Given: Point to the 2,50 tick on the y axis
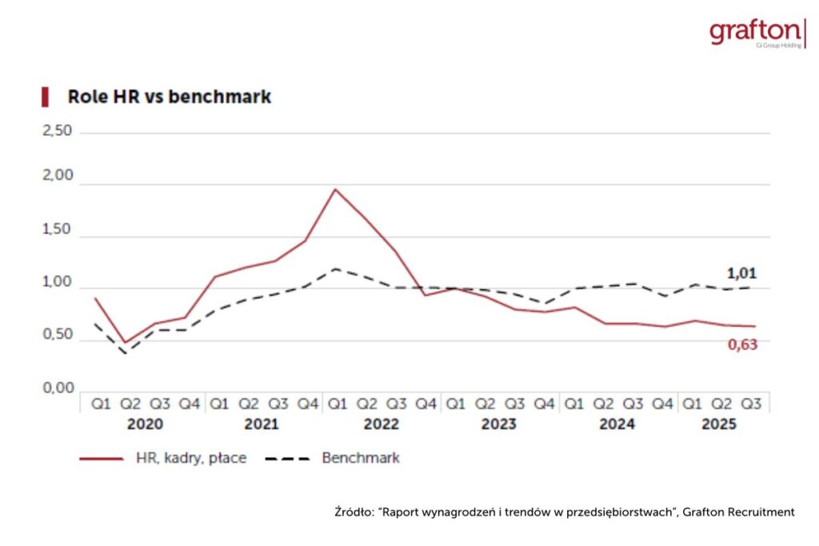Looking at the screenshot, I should point(57,131).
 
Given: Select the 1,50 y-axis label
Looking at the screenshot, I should point(57,230).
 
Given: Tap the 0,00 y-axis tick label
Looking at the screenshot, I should point(57,389).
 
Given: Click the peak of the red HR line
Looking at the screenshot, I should point(335,189).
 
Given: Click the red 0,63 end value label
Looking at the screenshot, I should point(742,345).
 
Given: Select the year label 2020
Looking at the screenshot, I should point(145,424).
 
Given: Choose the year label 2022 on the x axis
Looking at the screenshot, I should point(381,424).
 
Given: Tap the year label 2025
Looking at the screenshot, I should point(719,424).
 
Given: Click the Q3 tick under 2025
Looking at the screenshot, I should point(751,405).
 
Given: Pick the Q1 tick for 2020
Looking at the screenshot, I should point(101,405).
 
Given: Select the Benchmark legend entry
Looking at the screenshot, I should point(360,458).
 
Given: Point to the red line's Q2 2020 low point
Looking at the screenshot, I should point(125,343).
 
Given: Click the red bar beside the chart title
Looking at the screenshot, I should point(46,97).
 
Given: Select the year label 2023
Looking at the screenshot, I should point(498,424).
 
